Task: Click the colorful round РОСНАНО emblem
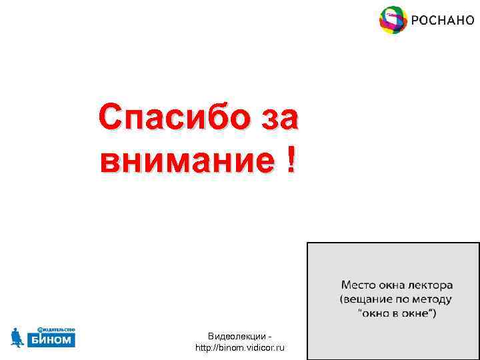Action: pyautogui.click(x=393, y=20)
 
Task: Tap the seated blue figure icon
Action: pyautogui.click(x=18, y=338)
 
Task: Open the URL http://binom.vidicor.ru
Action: pyautogui.click(x=239, y=348)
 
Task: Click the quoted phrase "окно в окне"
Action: pyautogui.click(x=397, y=313)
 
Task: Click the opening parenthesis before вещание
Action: pyautogui.click(x=342, y=300)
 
